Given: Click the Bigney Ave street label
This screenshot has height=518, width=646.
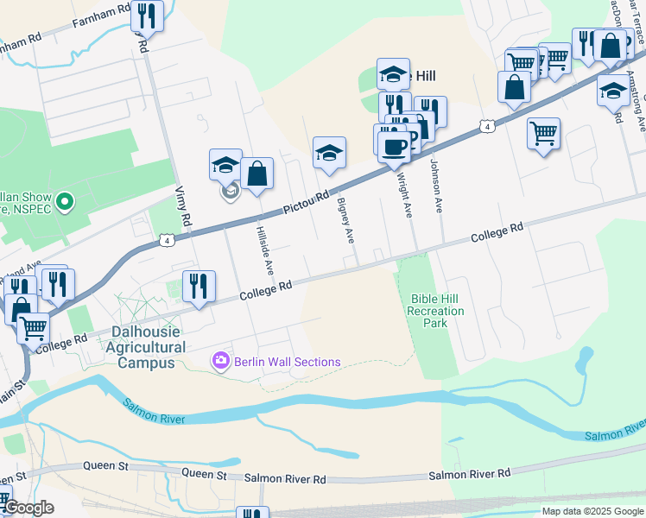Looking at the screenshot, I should pyautogui.click(x=346, y=220).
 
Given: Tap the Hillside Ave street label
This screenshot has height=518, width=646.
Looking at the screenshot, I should pyautogui.click(x=263, y=249).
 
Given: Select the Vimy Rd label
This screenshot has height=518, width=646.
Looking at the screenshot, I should pyautogui.click(x=182, y=206).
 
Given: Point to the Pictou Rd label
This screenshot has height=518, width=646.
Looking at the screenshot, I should pyautogui.click(x=307, y=203).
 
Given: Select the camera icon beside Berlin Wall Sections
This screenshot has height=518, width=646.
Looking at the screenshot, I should pyautogui.click(x=222, y=362).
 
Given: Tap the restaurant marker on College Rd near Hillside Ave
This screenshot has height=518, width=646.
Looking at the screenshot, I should pyautogui.click(x=199, y=286).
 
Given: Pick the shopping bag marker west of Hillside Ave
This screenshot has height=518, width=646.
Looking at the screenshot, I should pyautogui.click(x=257, y=174).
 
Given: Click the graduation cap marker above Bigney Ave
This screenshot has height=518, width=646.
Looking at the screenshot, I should pyautogui.click(x=329, y=153).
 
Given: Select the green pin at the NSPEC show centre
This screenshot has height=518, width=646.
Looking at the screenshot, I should pyautogui.click(x=63, y=202).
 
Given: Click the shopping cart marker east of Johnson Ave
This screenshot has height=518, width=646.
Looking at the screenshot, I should pyautogui.click(x=543, y=133).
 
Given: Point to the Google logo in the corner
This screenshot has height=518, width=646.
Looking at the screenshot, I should pyautogui.click(x=28, y=508).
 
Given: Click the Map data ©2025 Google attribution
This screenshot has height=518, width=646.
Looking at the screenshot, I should pyautogui.click(x=592, y=511).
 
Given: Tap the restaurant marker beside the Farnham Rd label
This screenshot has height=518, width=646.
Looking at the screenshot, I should pyautogui.click(x=147, y=16).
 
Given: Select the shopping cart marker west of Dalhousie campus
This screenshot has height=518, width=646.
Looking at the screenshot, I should pyautogui.click(x=33, y=328).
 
